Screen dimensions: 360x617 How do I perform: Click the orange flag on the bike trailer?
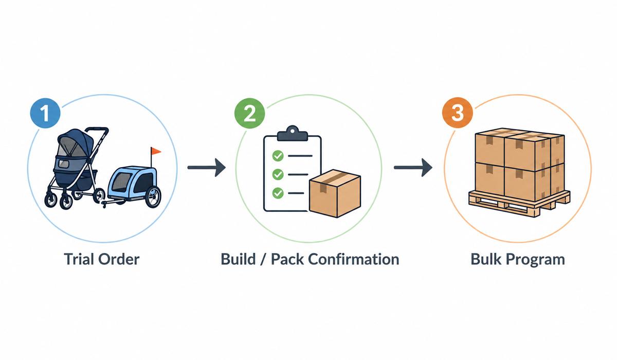(155, 151)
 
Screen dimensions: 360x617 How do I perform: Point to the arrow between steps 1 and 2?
(206, 167)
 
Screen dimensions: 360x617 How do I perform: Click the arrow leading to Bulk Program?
(412, 167)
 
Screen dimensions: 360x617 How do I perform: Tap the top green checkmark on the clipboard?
(278, 154)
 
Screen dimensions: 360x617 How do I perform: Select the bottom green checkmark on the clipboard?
(278, 193)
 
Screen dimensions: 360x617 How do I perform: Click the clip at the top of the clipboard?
(292, 135)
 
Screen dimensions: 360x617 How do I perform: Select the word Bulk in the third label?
(487, 259)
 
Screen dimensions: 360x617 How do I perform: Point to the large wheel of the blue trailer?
(153, 197)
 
